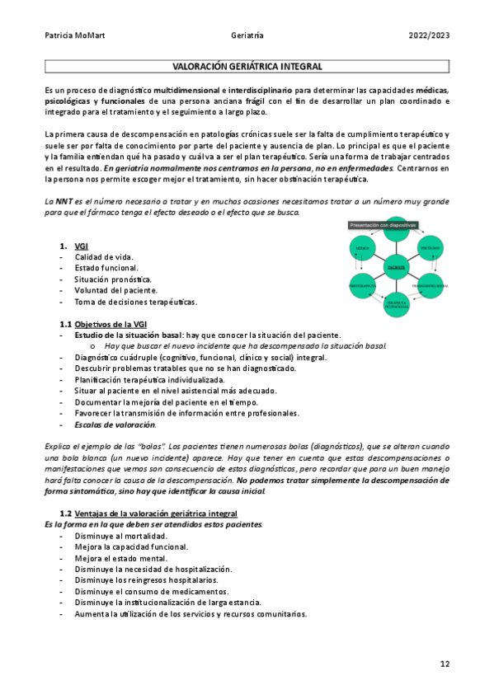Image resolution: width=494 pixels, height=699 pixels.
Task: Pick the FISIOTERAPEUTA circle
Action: (363, 285)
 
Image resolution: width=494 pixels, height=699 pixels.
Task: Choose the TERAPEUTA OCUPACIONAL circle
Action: (397, 303)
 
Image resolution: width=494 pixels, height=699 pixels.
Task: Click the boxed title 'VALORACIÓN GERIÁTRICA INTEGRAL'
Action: (247, 66)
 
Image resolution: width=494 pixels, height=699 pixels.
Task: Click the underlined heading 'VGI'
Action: (81, 246)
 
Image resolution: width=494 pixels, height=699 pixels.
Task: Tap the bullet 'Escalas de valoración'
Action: (115, 425)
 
